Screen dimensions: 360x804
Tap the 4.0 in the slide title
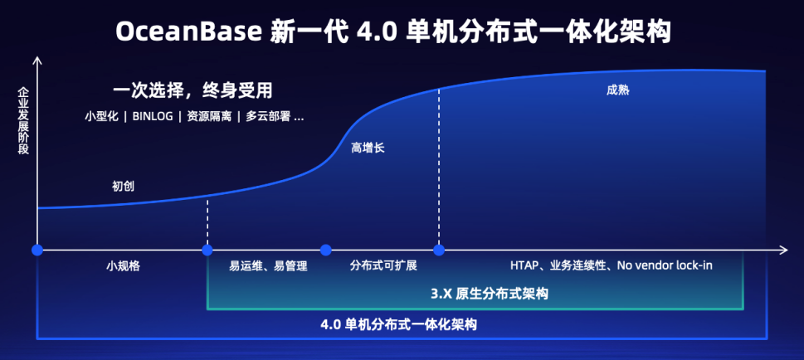pos(375,32)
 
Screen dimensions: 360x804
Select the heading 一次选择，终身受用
pos(193,90)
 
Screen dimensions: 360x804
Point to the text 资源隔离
pos(207,116)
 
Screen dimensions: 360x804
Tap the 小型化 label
pos(100,116)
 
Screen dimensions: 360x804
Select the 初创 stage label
pos(123,186)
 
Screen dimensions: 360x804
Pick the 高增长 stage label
pos(368,148)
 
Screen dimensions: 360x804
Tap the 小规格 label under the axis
pos(123,266)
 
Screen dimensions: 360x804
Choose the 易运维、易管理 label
pos(268,266)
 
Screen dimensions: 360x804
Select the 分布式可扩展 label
pos(383,266)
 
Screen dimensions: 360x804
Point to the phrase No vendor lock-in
pos(665,266)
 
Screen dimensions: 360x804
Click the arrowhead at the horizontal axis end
pos(782,249)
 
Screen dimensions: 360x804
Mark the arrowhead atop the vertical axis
pos(37,62)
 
